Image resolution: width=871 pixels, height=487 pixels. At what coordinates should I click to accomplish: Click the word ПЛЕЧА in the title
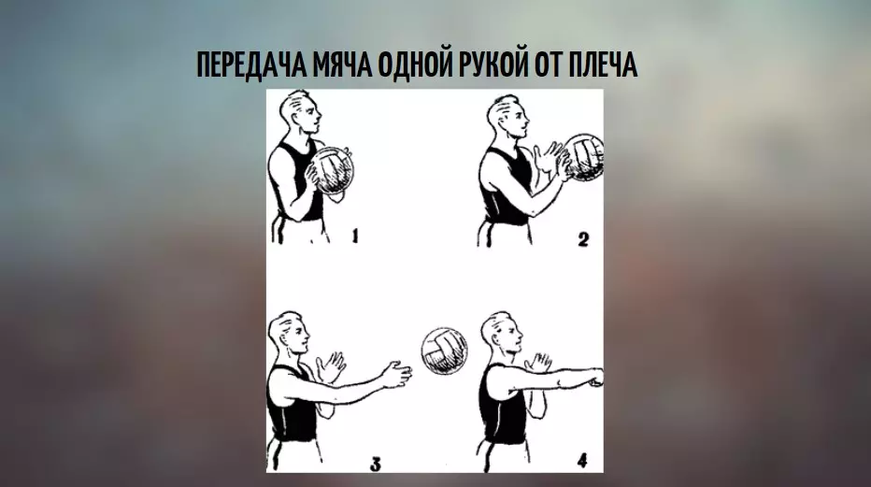click(603, 67)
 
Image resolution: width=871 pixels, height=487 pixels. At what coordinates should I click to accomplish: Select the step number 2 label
click(584, 240)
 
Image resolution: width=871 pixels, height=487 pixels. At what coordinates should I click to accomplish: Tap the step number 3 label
click(375, 462)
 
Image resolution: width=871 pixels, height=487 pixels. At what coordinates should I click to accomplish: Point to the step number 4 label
click(581, 460)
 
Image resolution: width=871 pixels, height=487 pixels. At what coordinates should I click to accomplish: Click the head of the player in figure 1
click(301, 115)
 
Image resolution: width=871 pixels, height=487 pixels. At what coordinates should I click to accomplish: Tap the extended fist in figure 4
click(594, 378)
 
